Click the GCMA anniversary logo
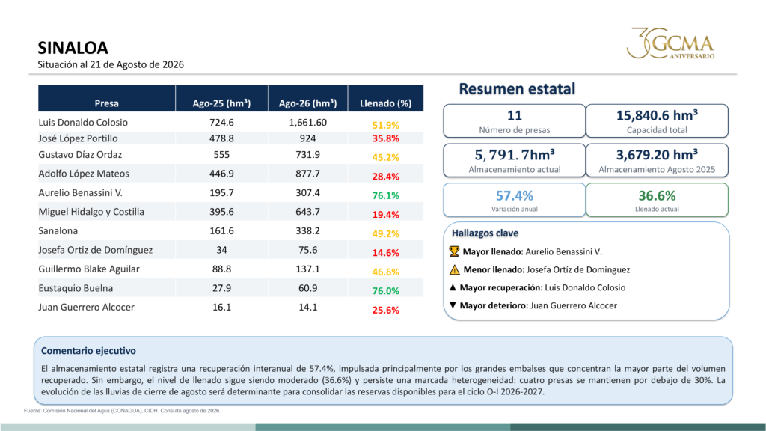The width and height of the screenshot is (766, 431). [x=671, y=43]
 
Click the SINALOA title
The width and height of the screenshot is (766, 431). [x=73, y=48]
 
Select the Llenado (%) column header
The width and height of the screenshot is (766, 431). [x=385, y=103]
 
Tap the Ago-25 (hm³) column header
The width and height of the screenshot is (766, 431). [x=221, y=103]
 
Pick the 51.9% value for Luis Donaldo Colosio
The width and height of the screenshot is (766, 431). [x=385, y=125]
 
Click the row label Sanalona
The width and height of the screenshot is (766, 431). [x=58, y=230]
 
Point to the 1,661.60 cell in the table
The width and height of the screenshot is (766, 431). [x=307, y=123]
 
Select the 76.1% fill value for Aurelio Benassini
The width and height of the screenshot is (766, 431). [x=385, y=195]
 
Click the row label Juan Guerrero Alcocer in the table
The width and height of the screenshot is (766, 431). [x=87, y=307]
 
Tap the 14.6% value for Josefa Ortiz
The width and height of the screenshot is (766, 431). [x=385, y=253]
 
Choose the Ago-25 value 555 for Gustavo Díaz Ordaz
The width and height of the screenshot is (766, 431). [x=221, y=154]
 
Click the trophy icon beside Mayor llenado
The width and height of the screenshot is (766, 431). [x=454, y=251]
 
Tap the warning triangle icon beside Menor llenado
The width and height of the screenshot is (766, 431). [x=454, y=269]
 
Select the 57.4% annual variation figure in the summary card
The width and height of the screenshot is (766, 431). [x=515, y=195]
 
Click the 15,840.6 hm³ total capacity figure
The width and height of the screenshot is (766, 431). [x=657, y=115]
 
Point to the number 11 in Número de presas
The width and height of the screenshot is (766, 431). [x=515, y=115]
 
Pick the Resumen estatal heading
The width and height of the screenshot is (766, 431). [x=517, y=88]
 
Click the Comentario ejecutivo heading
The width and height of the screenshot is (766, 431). [x=88, y=350]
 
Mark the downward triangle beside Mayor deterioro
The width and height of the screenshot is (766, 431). [x=453, y=305]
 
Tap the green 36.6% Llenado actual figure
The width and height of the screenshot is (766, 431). [x=657, y=195]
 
